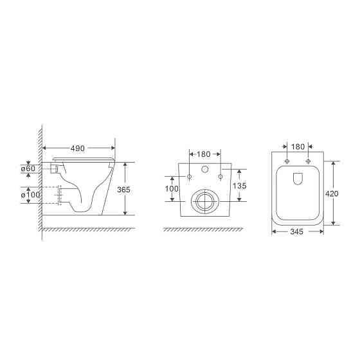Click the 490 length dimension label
78,148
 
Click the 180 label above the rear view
205,154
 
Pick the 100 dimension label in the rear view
172,188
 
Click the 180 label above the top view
298,147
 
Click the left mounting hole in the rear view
190,175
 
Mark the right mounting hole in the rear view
221,175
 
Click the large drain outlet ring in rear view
205,201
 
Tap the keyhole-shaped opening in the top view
298,179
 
